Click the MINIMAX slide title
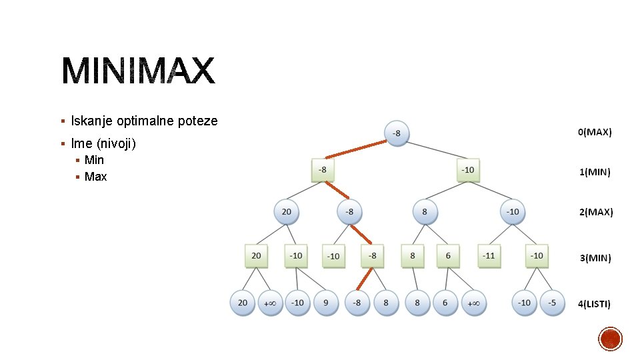139,71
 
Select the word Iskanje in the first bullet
92,121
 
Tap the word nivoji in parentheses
117,143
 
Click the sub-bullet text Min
94,160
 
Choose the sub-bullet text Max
95,177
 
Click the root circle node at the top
397,133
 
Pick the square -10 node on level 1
468,170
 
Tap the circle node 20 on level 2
286,211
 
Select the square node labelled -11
489,255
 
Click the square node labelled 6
448,255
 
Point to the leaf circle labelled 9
326,303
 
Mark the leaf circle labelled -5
551,303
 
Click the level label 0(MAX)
594,132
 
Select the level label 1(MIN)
595,172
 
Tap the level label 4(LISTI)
594,303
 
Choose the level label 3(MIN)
595,257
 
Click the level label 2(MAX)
595,212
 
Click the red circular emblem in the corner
610,339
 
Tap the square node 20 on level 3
256,255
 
